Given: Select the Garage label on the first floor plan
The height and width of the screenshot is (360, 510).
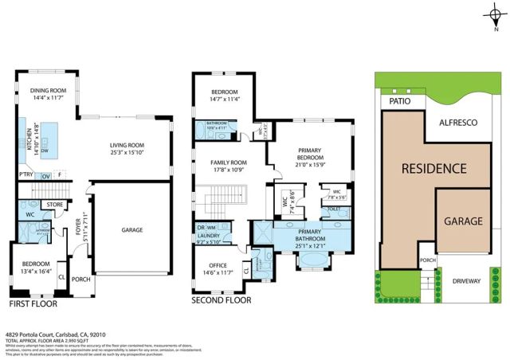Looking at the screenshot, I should coord(131,230).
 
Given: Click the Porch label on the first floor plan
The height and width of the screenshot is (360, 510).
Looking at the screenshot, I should coord(80,280).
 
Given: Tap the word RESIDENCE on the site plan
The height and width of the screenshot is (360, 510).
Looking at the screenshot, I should coord(433,169).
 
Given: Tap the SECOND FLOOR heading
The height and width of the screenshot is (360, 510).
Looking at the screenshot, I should coord(222,300).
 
